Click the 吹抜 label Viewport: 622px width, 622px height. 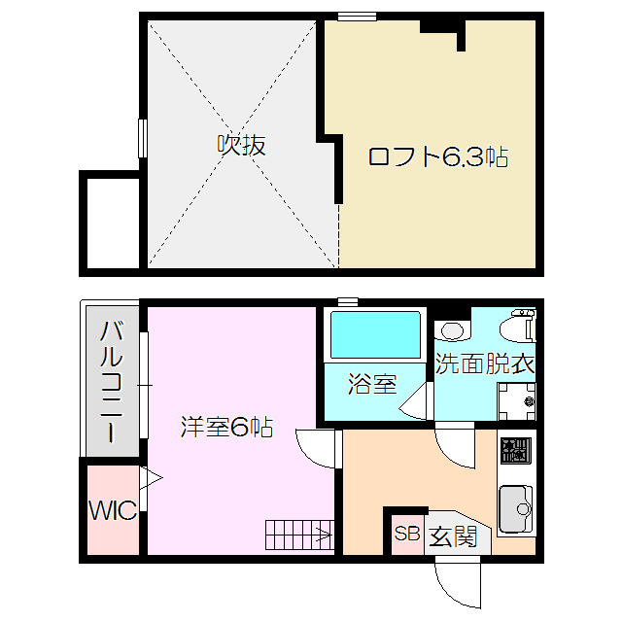point(240,146)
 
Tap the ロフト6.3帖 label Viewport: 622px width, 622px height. point(437,156)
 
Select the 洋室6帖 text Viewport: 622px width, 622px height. point(226,426)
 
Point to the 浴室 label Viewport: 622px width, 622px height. point(373,383)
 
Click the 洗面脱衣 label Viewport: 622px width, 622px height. point(485,364)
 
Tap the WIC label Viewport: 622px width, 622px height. point(114,508)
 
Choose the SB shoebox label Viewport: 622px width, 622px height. point(406,534)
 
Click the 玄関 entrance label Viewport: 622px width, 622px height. point(453,536)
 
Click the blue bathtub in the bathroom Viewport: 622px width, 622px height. point(375,335)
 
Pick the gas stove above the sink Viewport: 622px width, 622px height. point(515,451)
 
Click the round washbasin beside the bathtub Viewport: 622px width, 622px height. point(449,328)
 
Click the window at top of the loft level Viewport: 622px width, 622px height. point(357,16)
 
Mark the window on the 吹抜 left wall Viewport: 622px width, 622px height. point(143,137)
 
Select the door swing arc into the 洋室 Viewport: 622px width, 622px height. point(313,447)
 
